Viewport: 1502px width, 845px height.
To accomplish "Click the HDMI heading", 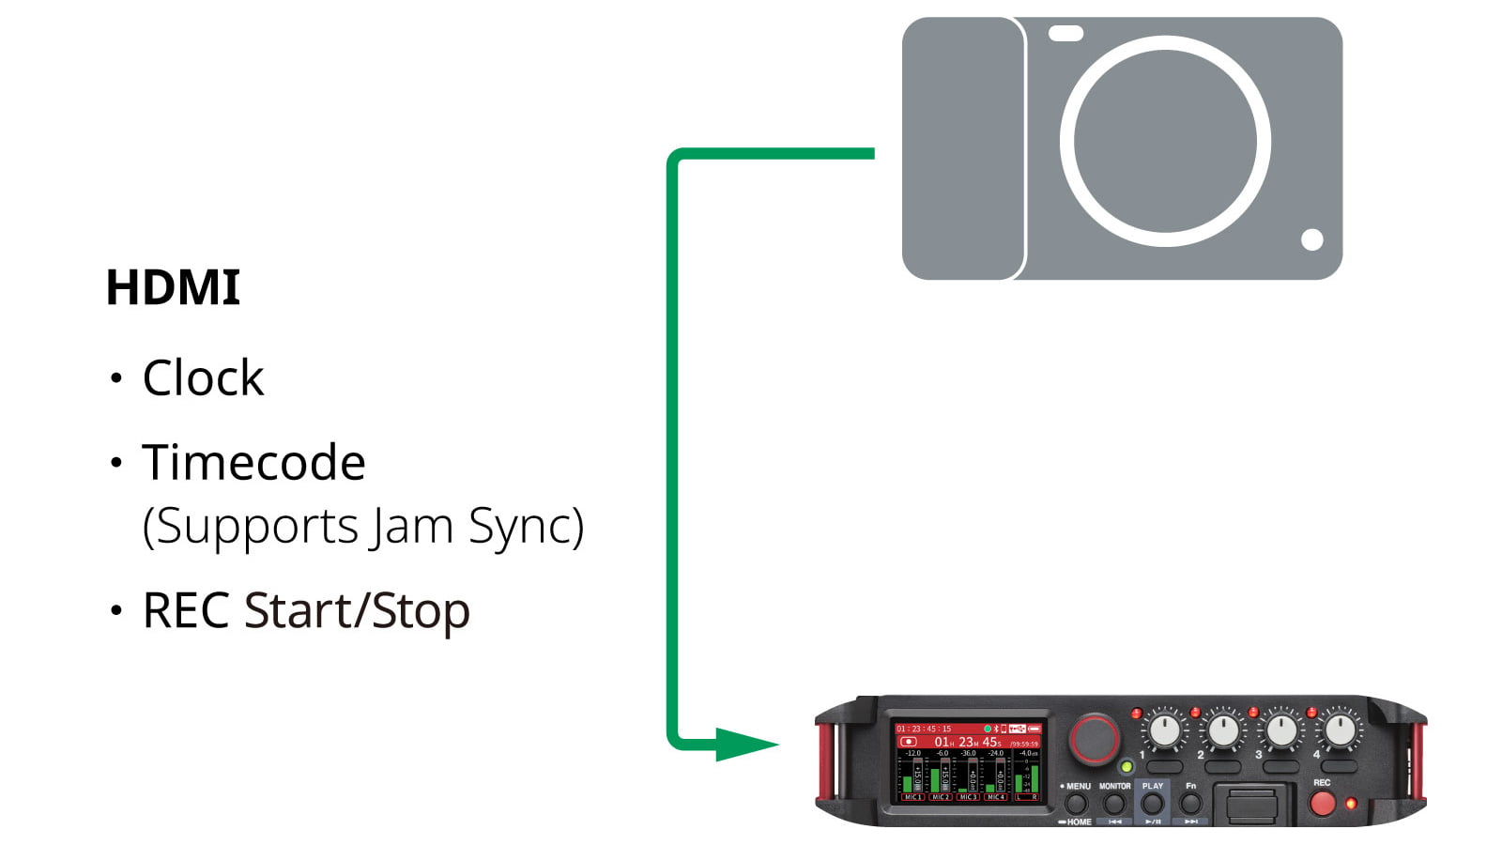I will coord(173,287).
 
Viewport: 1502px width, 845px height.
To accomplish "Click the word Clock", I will coord(203,378).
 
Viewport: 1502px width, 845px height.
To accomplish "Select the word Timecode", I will coord(253,463).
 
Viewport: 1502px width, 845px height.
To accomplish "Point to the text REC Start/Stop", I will coord(306,611).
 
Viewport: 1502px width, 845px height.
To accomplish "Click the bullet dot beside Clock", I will coord(116,378).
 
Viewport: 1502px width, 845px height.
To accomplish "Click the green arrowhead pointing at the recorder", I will coord(746,745).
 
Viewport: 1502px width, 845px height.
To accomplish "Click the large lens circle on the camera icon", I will coord(1165,142).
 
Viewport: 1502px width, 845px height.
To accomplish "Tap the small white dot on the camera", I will coord(1311,240).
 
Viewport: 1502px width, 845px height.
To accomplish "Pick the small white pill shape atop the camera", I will coord(1065,34).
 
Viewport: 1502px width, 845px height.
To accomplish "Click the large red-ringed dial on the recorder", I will coord(1095,738).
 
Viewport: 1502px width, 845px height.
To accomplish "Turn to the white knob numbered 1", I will coord(1165,730).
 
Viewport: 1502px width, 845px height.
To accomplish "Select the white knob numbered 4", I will coord(1340,730).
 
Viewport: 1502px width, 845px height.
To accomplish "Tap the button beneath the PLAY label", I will coord(1152,804).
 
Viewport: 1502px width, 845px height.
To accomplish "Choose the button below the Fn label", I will coord(1190,804).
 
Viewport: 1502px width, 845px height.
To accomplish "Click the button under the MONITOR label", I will coord(1114,804).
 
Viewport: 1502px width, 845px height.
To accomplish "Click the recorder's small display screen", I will coord(968,760).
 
